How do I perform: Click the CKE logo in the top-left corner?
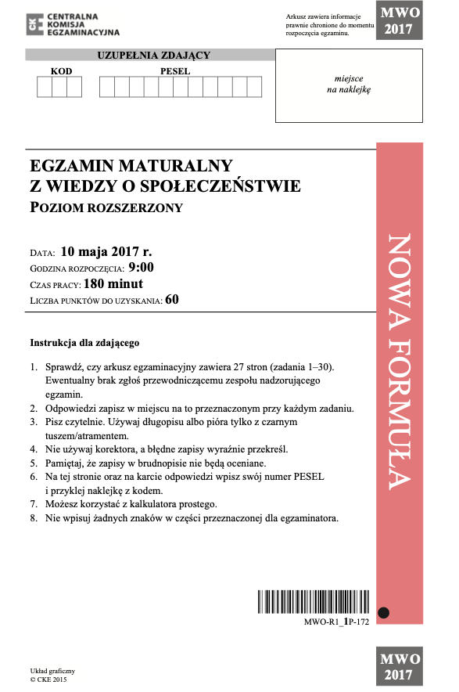click(32, 24)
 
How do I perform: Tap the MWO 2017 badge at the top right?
click(400, 21)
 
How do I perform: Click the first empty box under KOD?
click(45, 87)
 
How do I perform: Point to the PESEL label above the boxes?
click(175, 71)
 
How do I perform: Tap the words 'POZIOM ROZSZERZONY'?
click(106, 207)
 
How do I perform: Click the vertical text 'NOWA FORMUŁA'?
click(399, 360)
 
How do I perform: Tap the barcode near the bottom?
click(314, 602)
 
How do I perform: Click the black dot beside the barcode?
click(383, 612)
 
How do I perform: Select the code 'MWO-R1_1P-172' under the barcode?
click(336, 620)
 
